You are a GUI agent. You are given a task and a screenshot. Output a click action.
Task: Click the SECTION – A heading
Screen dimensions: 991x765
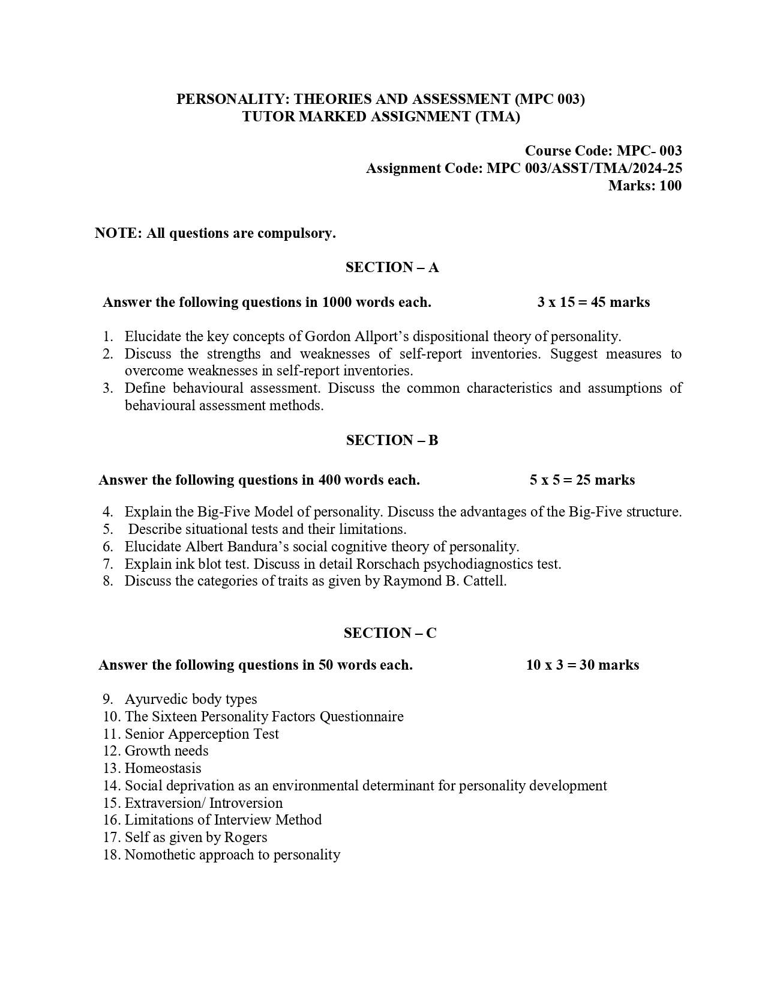(392, 267)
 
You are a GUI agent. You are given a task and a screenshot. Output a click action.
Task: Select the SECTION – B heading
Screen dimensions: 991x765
(392, 440)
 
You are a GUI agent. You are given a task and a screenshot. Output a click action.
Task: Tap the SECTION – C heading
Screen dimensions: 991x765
(390, 633)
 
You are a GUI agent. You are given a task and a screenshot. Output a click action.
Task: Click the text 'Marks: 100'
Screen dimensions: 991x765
(645, 186)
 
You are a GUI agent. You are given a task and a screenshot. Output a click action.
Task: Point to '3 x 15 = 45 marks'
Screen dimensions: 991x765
(593, 302)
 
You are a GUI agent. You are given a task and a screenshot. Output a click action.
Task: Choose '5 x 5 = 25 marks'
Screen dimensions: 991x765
(582, 480)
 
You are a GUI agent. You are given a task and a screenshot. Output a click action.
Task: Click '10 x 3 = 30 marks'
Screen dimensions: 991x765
(582, 665)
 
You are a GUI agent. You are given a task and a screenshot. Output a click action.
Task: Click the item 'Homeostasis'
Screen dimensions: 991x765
(163, 768)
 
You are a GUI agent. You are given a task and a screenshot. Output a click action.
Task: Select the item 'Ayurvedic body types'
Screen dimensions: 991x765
(191, 699)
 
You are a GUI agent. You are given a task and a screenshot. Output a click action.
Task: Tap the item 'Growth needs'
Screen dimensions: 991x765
(166, 751)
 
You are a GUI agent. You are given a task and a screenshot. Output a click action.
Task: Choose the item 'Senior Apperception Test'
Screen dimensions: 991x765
(202, 734)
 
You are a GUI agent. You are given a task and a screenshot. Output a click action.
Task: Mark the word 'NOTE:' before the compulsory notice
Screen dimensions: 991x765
(118, 233)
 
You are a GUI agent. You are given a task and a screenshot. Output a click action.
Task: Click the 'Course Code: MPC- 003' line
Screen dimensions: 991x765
(603, 151)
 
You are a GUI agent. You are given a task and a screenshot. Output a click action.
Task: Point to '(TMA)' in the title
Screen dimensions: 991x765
(497, 117)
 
